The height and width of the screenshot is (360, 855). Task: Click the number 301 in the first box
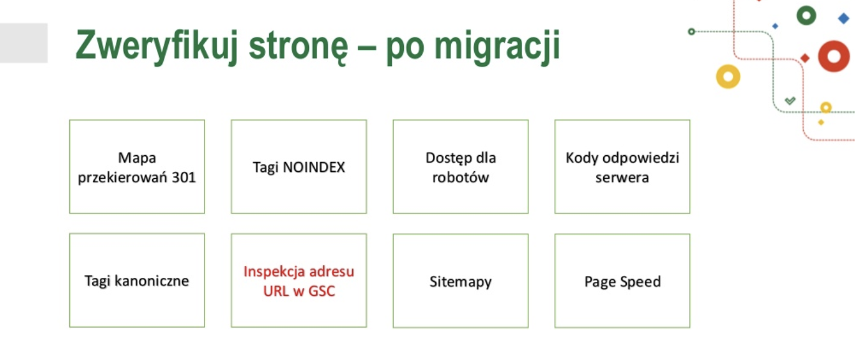click(x=184, y=178)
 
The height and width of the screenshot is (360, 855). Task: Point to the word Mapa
click(x=137, y=158)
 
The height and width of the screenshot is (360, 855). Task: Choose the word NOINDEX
click(x=313, y=168)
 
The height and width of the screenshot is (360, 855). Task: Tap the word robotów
click(x=461, y=178)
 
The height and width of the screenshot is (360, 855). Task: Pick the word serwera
click(x=622, y=178)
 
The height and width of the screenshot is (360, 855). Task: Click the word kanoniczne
click(x=152, y=281)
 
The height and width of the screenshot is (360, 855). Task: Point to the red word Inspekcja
click(x=274, y=272)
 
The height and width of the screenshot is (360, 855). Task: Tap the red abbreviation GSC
click(x=322, y=291)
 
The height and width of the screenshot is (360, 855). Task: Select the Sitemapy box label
click(x=461, y=282)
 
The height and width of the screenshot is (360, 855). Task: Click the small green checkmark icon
click(x=790, y=101)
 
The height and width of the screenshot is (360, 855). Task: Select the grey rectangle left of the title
click(x=24, y=43)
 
